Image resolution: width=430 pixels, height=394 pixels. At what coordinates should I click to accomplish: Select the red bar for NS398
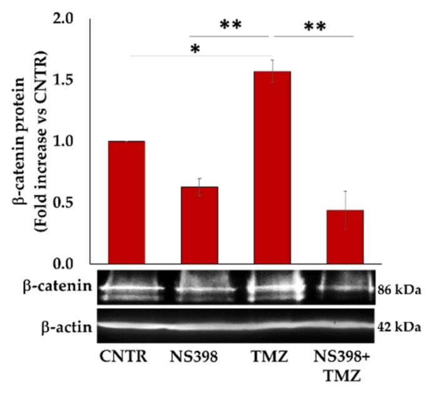click(x=199, y=225)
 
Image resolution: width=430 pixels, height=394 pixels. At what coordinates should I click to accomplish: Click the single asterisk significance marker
click(x=196, y=49)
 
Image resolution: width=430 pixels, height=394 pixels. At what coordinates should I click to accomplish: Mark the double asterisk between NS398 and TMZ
click(x=230, y=26)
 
